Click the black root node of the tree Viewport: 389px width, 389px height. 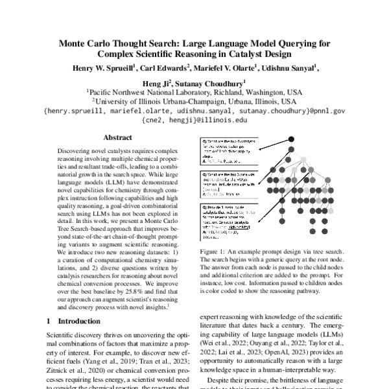[292, 139]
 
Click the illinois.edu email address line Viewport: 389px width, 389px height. [194, 121]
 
